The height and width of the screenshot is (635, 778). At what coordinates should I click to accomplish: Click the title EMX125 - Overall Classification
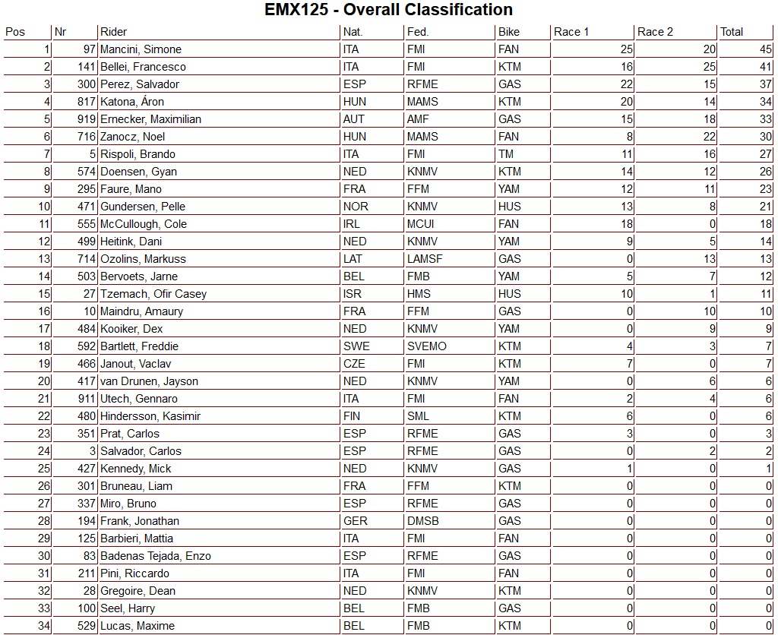pyautogui.click(x=388, y=10)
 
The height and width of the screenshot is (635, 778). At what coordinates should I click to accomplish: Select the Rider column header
pyautogui.click(x=114, y=32)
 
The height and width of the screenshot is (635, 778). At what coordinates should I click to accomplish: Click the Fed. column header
pyautogui.click(x=418, y=32)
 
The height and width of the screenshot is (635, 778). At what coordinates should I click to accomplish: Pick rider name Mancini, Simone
pyautogui.click(x=141, y=49)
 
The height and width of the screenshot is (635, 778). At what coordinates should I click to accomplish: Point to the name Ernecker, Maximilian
pyautogui.click(x=150, y=119)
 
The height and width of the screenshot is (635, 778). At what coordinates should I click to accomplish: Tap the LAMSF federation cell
pyautogui.click(x=424, y=259)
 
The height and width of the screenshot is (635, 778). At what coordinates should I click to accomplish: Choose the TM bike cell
pyautogui.click(x=506, y=154)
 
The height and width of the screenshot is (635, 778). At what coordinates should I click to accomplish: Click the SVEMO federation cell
pyautogui.click(x=426, y=346)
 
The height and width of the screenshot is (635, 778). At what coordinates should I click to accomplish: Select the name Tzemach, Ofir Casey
pyautogui.click(x=153, y=294)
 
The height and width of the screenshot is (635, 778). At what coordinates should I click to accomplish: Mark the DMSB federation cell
pyautogui.click(x=422, y=521)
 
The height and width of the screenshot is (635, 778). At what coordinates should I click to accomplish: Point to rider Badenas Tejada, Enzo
pyautogui.click(x=156, y=556)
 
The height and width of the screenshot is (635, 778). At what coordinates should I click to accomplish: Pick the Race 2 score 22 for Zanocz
pyautogui.click(x=709, y=137)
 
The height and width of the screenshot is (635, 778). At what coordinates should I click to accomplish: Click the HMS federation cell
pyautogui.click(x=419, y=294)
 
